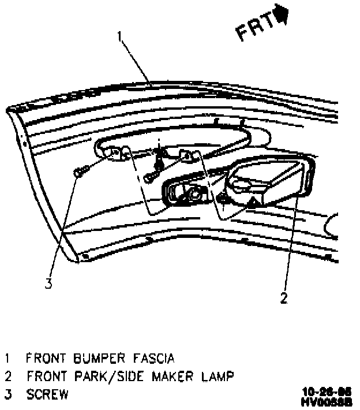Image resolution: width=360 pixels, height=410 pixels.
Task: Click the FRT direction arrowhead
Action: (283, 14)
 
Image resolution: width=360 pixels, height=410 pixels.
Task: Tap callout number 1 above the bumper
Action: (120, 37)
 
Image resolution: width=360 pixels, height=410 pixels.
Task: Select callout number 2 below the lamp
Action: (283, 298)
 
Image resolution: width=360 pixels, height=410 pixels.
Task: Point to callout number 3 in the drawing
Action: (49, 283)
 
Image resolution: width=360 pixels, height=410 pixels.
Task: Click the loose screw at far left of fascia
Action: (80, 171)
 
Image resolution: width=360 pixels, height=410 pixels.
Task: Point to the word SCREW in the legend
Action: (47, 395)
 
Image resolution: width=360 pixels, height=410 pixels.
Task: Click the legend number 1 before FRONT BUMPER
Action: (7, 359)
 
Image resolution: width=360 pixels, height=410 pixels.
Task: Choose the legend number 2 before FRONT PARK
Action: (7, 377)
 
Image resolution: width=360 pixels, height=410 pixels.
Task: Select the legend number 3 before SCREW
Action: (7, 395)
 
